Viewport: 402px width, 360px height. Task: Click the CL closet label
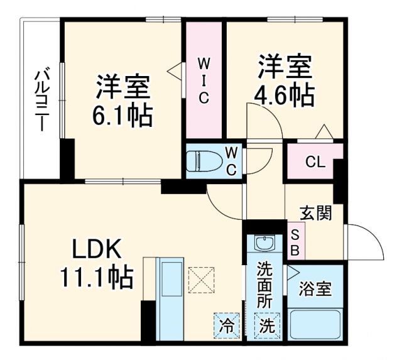(x=315, y=162)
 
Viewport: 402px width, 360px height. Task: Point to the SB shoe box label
(x=296, y=241)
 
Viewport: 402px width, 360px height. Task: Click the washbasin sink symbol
(x=265, y=243)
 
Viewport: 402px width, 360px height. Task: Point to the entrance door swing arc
(x=367, y=242)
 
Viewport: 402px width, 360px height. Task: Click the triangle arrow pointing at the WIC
(x=174, y=70)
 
